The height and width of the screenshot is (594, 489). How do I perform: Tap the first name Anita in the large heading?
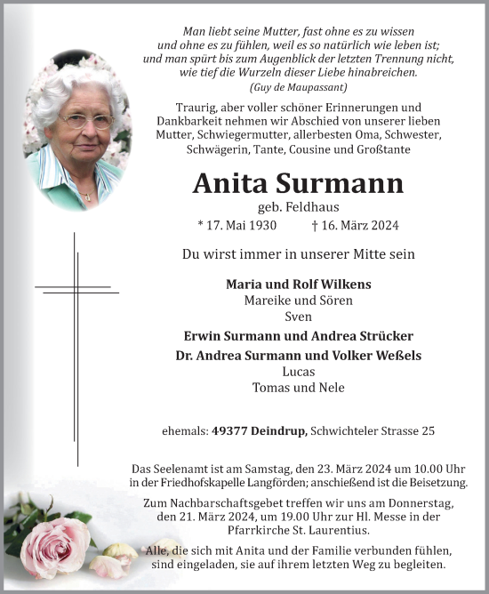[233, 184]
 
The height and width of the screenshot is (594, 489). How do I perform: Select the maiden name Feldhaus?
[313, 206]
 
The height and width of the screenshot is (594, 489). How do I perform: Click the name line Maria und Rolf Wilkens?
[299, 284]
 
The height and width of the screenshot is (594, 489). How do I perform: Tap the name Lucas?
[299, 371]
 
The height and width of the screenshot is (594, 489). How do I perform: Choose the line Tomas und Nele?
[299, 387]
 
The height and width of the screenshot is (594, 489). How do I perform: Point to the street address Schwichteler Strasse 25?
[373, 431]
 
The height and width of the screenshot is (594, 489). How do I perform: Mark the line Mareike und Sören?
[299, 300]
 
